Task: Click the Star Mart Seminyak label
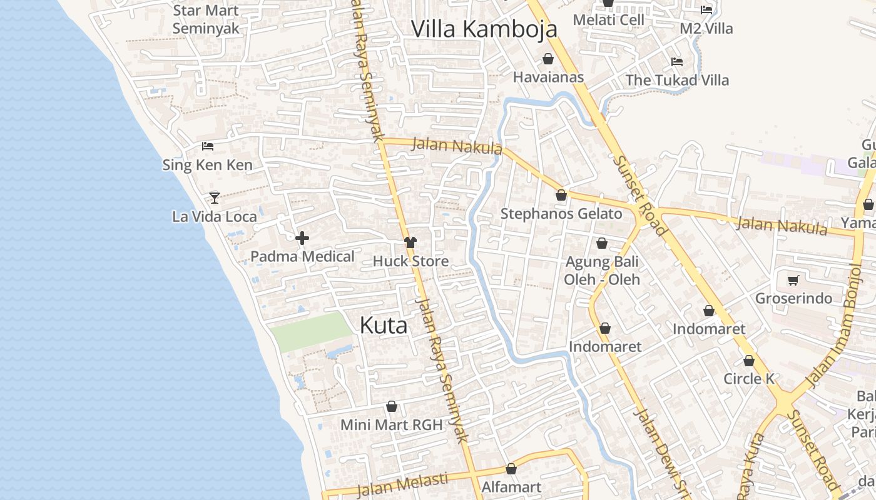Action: click(206, 19)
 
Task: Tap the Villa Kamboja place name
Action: click(484, 29)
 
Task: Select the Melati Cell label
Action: click(608, 20)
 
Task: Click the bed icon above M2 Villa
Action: click(706, 9)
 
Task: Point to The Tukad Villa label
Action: click(677, 80)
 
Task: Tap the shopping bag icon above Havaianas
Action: click(548, 59)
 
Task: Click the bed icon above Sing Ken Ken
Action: click(208, 146)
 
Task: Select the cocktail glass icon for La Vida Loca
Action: click(215, 197)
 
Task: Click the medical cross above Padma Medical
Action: click(302, 237)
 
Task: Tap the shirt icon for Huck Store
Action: click(410, 242)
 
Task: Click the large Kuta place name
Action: click(384, 325)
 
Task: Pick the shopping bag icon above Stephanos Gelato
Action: click(561, 195)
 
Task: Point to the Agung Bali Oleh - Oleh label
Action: click(601, 270)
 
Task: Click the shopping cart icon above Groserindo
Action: click(793, 279)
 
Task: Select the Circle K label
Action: click(749, 379)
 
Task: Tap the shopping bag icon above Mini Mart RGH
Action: click(392, 406)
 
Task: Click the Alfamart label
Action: click(511, 486)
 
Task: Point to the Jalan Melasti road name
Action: click(403, 482)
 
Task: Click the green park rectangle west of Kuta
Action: click(312, 331)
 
